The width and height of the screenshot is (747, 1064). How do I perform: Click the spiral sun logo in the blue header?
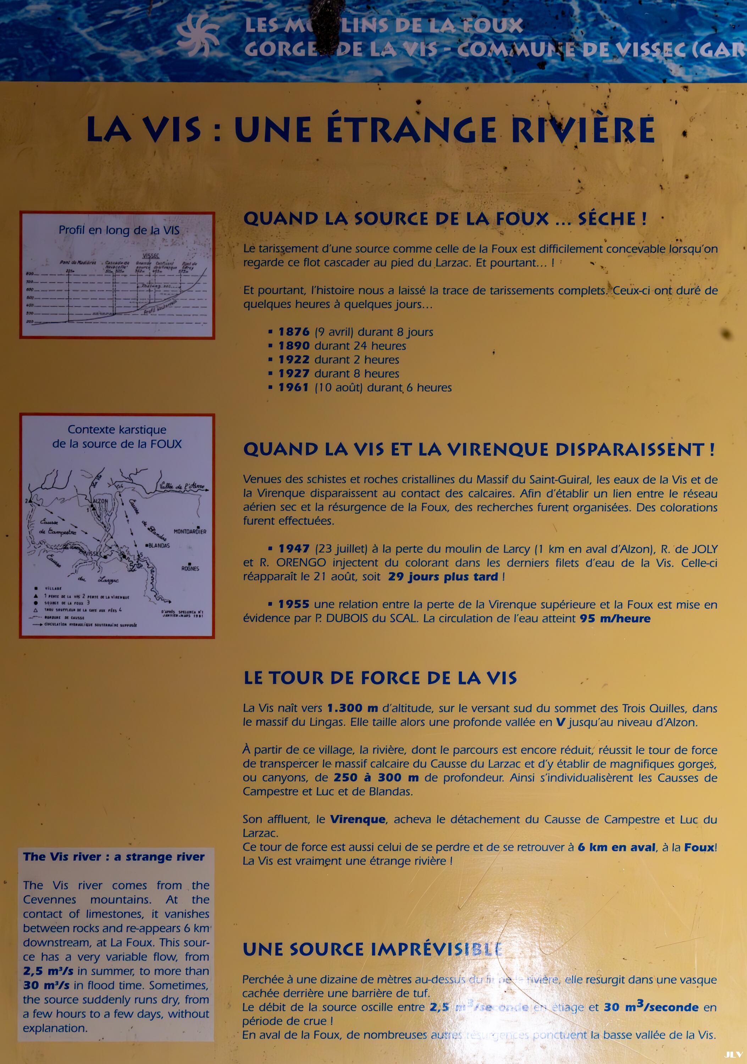pyautogui.click(x=198, y=35)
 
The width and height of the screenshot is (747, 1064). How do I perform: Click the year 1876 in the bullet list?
pyautogui.click(x=294, y=332)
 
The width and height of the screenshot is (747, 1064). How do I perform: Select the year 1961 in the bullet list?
pyautogui.click(x=294, y=387)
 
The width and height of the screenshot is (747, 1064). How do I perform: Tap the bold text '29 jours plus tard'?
pyautogui.click(x=443, y=577)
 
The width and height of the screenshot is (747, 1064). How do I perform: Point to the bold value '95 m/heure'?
pyautogui.click(x=615, y=619)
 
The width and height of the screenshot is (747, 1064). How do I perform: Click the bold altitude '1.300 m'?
pyautogui.click(x=352, y=709)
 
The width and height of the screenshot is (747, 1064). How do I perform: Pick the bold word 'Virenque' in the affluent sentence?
pyautogui.click(x=357, y=820)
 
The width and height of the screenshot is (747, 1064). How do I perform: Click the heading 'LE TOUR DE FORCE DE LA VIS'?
pyautogui.click(x=380, y=678)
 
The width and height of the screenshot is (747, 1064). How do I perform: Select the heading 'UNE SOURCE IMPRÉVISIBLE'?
pyautogui.click(x=372, y=949)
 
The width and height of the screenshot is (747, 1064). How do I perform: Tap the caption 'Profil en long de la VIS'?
pyautogui.click(x=118, y=230)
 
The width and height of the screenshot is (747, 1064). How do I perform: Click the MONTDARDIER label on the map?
pyautogui.click(x=190, y=532)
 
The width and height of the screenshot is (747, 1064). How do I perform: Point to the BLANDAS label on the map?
pyautogui.click(x=159, y=545)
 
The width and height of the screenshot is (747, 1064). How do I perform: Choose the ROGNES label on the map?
pyautogui.click(x=190, y=568)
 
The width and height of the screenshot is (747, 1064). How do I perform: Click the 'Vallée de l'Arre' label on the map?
pyautogui.click(x=182, y=487)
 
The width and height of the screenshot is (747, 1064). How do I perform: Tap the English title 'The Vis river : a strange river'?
pyautogui.click(x=114, y=857)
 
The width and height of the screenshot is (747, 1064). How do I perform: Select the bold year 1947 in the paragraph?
pyautogui.click(x=294, y=549)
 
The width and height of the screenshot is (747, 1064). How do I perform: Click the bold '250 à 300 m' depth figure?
pyautogui.click(x=376, y=778)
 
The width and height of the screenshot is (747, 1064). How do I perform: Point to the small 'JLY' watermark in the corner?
pyautogui.click(x=734, y=1054)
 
